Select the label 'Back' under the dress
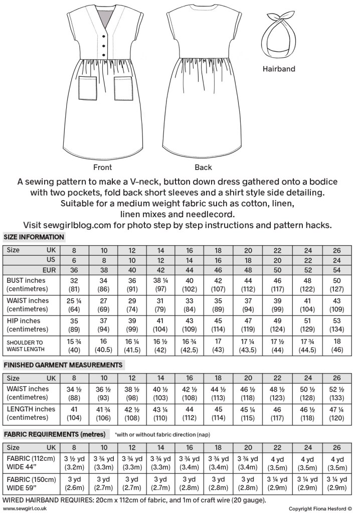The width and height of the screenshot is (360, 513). (203, 167)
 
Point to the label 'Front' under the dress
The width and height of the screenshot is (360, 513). (102, 167)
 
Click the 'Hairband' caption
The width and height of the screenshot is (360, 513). (279, 69)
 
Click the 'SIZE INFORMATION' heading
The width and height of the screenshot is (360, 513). (34, 237)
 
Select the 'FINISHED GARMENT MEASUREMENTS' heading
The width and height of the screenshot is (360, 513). (63, 365)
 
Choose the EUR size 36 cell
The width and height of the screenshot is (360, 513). (74, 269)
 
